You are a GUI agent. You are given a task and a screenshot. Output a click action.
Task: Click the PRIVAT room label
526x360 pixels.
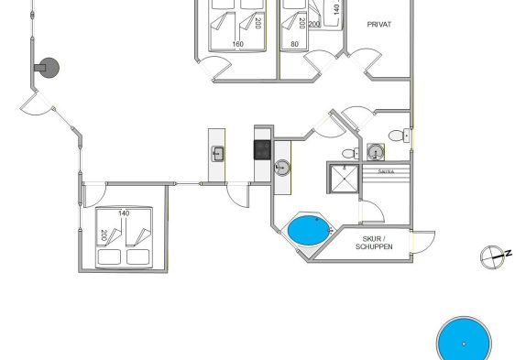(x=379, y=24)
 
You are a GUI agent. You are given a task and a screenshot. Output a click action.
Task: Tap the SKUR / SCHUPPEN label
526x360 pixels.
(x=374, y=243)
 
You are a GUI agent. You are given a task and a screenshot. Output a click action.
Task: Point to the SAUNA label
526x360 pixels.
(x=386, y=171)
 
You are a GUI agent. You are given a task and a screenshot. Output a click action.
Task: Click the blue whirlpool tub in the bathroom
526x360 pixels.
(x=309, y=230)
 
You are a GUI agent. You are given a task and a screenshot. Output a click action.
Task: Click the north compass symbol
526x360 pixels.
(x=495, y=256)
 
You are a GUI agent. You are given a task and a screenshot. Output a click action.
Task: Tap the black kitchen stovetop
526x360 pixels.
(x=262, y=149)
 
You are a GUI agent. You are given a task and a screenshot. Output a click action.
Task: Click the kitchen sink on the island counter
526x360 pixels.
(x=217, y=154)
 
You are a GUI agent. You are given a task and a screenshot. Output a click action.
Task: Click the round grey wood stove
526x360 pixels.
(x=49, y=68)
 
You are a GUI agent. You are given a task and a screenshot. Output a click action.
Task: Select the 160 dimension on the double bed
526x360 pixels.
(x=238, y=44)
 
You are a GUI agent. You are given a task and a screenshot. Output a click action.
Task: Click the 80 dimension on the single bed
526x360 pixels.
(x=294, y=44)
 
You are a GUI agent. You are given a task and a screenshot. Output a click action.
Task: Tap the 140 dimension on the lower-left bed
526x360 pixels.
(x=124, y=213)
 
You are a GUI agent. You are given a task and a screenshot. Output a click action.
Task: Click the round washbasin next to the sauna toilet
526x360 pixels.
(x=376, y=152)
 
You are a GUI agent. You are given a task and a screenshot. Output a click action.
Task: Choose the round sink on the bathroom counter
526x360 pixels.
(x=282, y=168)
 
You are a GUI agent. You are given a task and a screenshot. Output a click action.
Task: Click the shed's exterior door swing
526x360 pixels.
(x=422, y=242)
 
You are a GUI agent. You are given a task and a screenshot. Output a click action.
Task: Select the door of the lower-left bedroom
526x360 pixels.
(x=95, y=195)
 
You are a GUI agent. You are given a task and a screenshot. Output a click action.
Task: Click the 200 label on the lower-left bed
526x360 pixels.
(x=104, y=235)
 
